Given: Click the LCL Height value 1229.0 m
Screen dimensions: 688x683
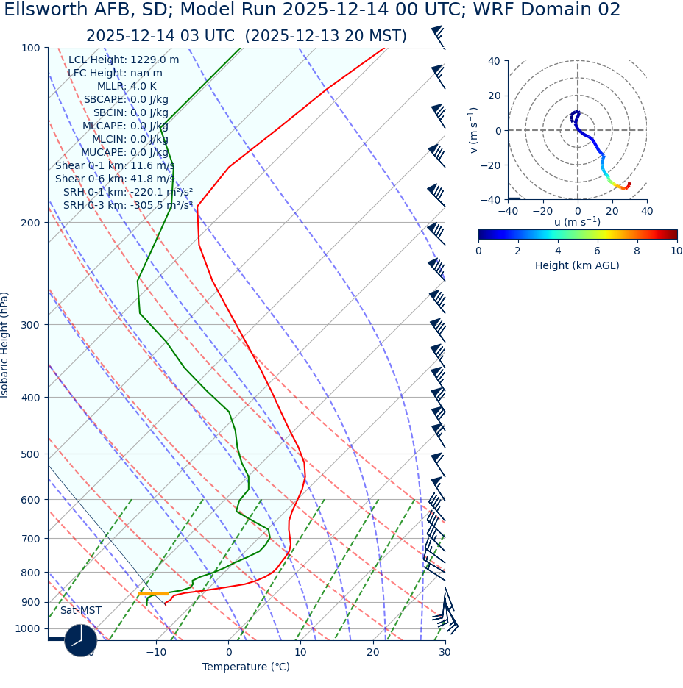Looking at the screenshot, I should click(154, 60).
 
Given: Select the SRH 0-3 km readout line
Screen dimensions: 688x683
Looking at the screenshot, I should click(127, 206).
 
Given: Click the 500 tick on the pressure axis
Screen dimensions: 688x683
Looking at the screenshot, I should click(30, 454).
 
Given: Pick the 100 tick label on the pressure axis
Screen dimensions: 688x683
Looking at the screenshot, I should click(30, 48).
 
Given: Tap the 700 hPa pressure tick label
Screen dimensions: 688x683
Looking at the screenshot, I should click(30, 539).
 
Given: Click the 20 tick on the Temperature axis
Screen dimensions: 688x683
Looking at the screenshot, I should click(372, 652).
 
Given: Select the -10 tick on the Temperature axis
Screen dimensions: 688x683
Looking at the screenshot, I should click(155, 652).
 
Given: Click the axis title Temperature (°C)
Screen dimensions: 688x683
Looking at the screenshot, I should click(246, 667).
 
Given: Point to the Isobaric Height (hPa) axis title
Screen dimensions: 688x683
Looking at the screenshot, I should click(5, 345).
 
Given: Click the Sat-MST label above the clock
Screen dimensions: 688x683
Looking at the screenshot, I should click(80, 611).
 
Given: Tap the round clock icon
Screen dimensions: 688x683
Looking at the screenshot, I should click(80, 640).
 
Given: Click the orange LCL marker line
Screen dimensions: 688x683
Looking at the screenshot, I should click(153, 593).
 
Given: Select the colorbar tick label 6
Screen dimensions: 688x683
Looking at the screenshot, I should click(597, 251).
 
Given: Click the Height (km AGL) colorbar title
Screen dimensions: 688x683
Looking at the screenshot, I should click(577, 265).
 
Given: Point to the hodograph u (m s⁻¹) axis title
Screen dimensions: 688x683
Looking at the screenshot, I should click(577, 222).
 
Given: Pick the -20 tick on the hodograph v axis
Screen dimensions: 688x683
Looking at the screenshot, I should click(490, 165).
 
